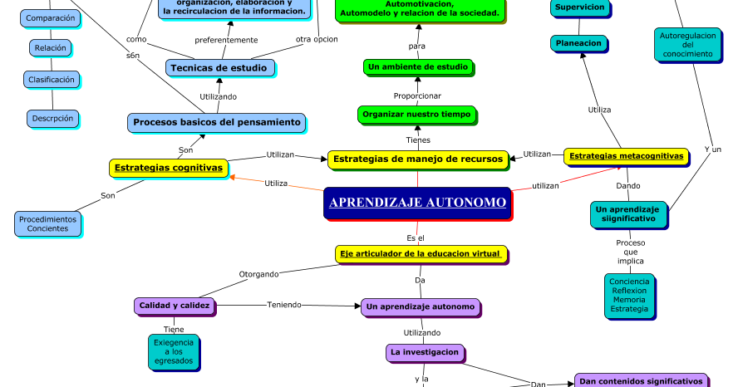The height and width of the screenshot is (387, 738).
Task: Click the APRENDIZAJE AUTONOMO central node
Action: tap(417, 203)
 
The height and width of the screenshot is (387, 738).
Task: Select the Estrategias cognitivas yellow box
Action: tap(169, 168)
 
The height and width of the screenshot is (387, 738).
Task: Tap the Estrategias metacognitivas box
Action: tap(626, 156)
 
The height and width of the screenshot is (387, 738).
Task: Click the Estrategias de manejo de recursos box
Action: tap(417, 159)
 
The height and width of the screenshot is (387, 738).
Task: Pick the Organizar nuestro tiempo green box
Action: tap(417, 115)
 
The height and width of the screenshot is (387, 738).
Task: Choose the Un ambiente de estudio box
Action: tap(418, 66)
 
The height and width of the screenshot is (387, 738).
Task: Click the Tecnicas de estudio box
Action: tap(219, 68)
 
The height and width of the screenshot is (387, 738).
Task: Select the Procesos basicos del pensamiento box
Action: tap(216, 122)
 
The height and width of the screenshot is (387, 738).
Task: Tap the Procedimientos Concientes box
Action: tap(47, 223)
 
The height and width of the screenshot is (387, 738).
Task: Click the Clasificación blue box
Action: tap(52, 80)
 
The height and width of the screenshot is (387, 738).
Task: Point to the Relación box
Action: tap(51, 47)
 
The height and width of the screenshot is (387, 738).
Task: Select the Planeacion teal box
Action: tap(578, 43)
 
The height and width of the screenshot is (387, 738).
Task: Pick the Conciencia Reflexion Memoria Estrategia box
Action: tap(629, 296)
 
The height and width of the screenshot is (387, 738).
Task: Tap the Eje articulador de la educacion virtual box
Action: tap(421, 253)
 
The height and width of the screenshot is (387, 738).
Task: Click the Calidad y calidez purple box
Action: tap(174, 306)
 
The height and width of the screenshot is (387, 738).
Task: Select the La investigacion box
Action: tap(424, 352)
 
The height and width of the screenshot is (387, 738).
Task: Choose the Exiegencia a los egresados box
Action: tap(173, 352)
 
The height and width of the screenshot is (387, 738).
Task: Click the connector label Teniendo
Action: tap(284, 305)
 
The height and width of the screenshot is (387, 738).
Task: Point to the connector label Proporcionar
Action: tap(417, 96)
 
